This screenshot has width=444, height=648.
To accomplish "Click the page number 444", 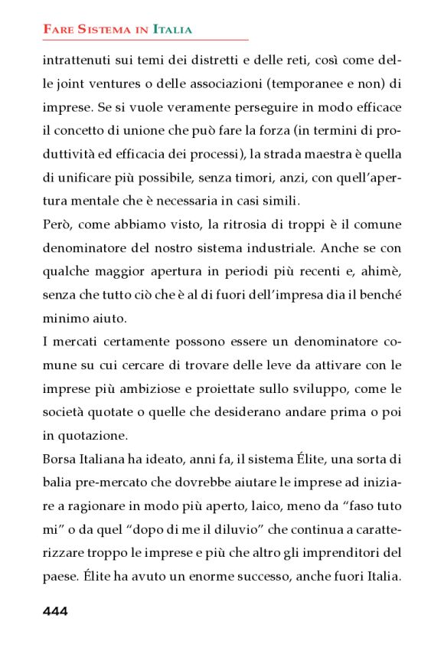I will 55,610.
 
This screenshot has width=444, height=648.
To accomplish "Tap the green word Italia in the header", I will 172,30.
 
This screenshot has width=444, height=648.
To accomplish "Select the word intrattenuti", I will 77,59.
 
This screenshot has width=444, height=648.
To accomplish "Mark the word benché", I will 378,296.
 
